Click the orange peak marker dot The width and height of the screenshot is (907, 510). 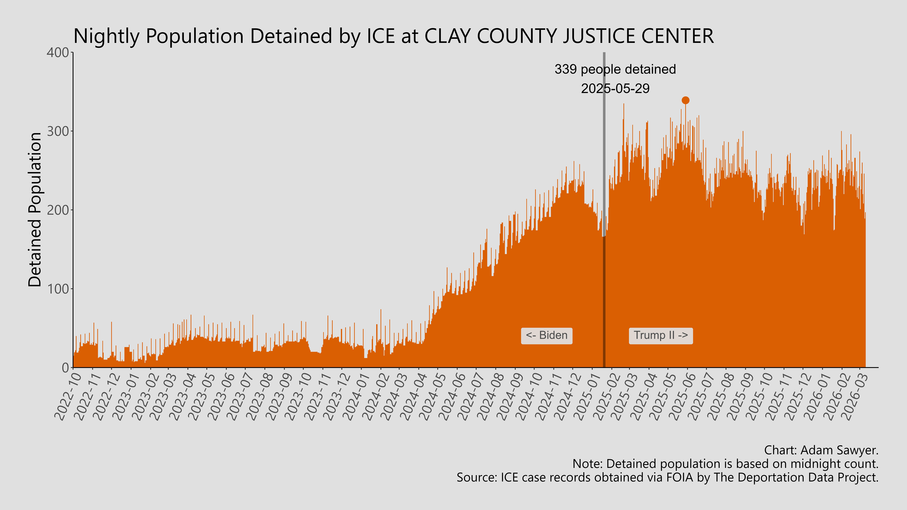(685, 100)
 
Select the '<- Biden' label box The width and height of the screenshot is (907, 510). (546, 335)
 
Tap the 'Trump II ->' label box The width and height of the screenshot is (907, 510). (661, 335)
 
